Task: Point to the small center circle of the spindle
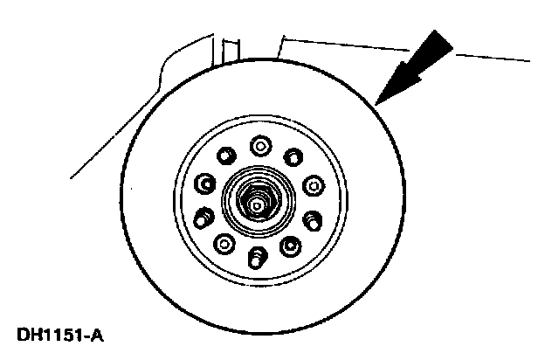click(256, 205)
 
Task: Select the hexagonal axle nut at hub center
click(256, 204)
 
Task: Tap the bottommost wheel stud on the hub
click(258, 257)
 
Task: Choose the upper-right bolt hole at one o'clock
click(292, 157)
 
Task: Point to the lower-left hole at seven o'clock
click(224, 244)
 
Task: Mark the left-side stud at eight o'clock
click(205, 215)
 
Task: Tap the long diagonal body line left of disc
click(105, 131)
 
